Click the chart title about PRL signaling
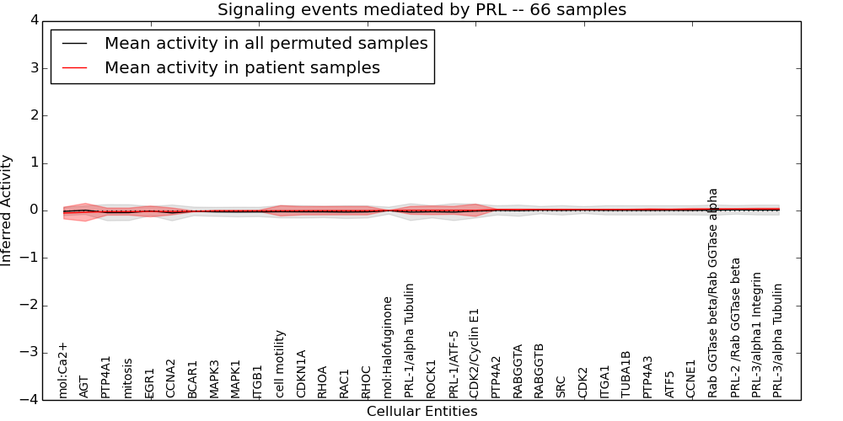pyautogui.click(x=421, y=10)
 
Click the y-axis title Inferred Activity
pyautogui.click(x=7, y=210)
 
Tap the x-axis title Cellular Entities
pyautogui.click(x=421, y=412)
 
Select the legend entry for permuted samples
pyautogui.click(x=266, y=43)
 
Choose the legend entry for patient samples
pyautogui.click(x=242, y=67)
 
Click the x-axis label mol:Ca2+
pyautogui.click(x=62, y=370)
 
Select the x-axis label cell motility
pyautogui.click(x=281, y=363)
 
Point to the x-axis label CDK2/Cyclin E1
pyautogui.click(x=475, y=353)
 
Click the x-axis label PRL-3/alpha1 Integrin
pyautogui.click(x=757, y=334)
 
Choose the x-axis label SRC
pyautogui.click(x=561, y=386)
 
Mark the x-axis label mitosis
pyautogui.click(x=128, y=377)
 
